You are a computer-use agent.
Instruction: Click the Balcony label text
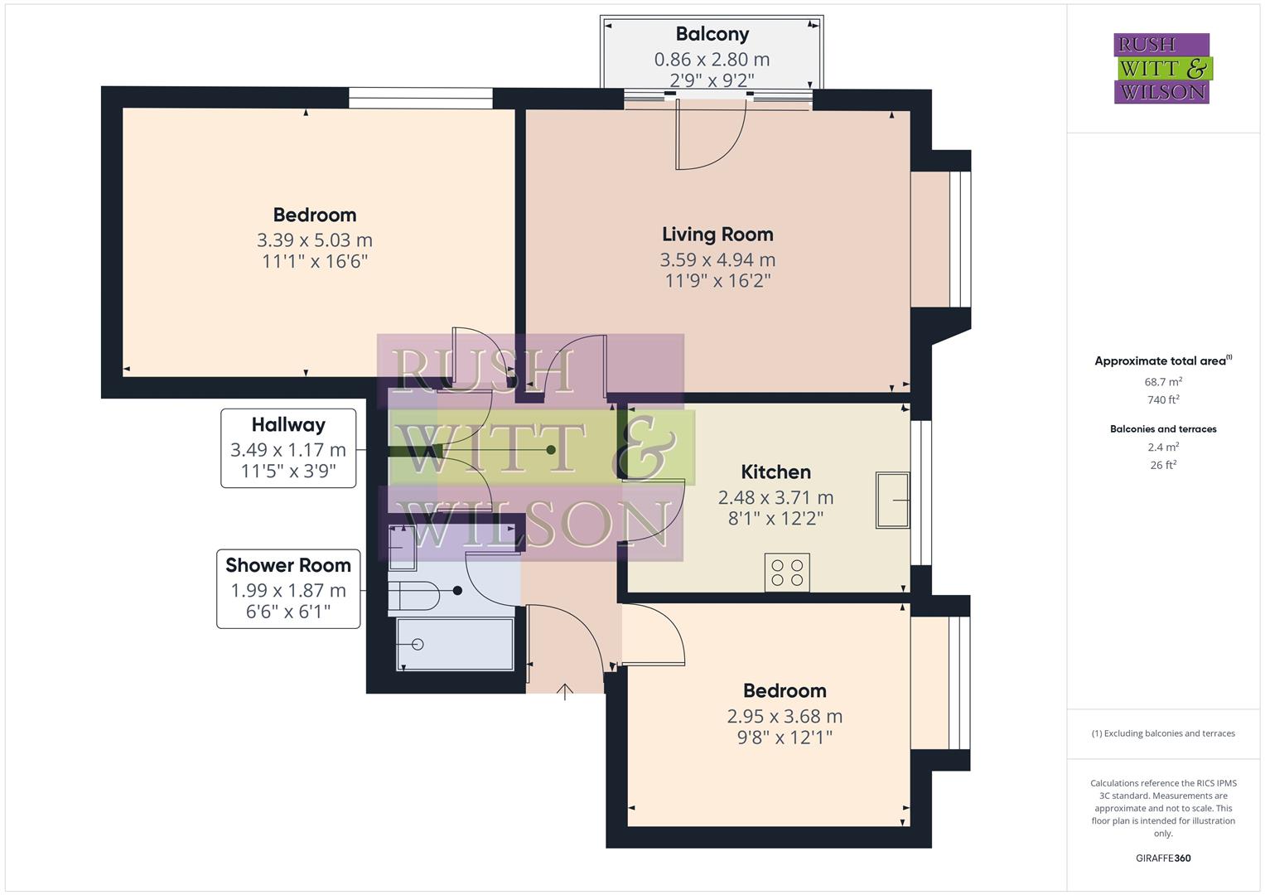tap(712, 34)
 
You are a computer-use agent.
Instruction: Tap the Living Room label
tap(717, 235)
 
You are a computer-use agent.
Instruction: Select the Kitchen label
tap(775, 472)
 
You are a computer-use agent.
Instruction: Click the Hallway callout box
tap(288, 447)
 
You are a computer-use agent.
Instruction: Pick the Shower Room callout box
tap(288, 588)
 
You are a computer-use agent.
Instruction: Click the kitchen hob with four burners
tap(787, 573)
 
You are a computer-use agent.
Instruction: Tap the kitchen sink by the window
tap(892, 500)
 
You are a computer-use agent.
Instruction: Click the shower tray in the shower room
tap(455, 644)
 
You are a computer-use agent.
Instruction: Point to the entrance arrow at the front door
tap(565, 691)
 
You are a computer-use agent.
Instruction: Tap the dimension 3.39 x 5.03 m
tap(314, 240)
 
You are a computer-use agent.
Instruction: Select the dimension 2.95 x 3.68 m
tap(785, 716)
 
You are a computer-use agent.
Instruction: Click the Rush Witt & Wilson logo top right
tap(1161, 68)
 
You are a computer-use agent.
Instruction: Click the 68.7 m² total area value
tap(1163, 382)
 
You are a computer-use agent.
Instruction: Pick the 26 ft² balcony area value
tap(1163, 465)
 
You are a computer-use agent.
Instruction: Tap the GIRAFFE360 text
tap(1163, 858)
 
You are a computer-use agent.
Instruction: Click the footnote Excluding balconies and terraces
tap(1163, 733)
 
